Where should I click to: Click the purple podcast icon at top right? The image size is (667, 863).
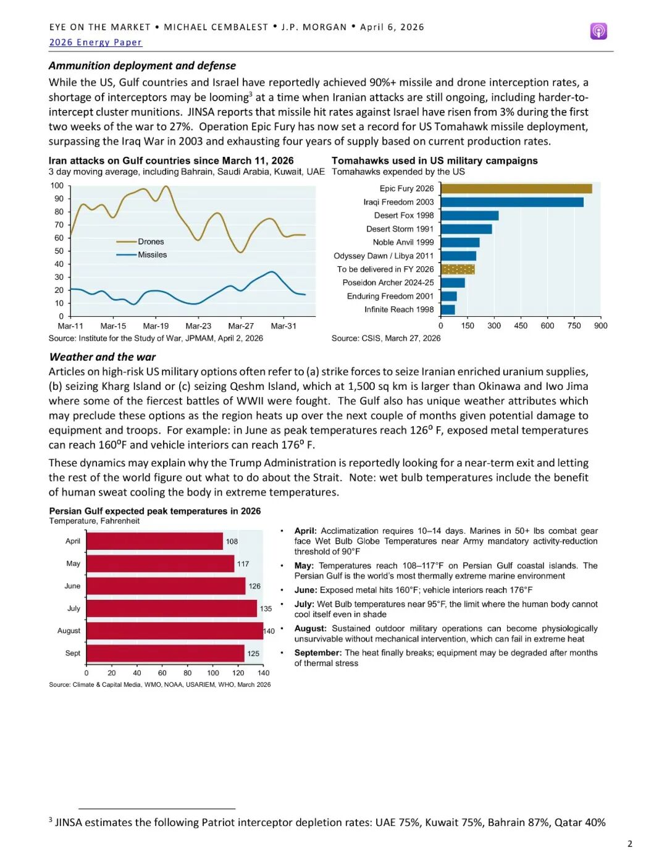coord(598,31)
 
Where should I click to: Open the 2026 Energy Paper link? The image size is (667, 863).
coord(95,42)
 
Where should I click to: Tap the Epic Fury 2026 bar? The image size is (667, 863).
coord(516,188)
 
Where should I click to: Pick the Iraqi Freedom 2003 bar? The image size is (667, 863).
coord(512,202)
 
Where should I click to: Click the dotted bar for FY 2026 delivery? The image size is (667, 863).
coord(458,269)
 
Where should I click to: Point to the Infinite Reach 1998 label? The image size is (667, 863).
coord(399,309)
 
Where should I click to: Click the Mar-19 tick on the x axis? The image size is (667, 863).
coord(156,326)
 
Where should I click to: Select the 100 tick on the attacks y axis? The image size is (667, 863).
coord(57,185)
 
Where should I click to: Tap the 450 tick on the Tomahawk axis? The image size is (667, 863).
coord(521,326)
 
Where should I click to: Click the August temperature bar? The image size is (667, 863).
coord(175,631)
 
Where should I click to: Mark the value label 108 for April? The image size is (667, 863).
coord(232,542)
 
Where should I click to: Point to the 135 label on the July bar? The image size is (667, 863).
coord(266,608)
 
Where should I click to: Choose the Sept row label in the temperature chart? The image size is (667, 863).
coord(73,653)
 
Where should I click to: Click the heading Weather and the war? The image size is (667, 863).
coord(103,356)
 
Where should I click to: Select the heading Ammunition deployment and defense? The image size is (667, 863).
coord(142,65)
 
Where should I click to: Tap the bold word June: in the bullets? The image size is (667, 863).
coord(306,590)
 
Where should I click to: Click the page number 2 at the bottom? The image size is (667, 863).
coord(629,844)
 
